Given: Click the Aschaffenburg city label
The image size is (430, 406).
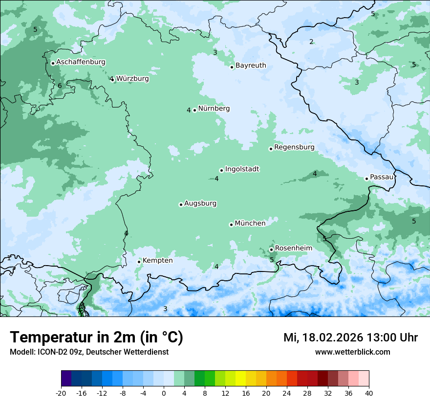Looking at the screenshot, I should [x=81, y=62].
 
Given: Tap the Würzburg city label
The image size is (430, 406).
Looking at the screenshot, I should [x=132, y=78].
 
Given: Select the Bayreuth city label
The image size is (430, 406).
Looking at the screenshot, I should [x=251, y=65].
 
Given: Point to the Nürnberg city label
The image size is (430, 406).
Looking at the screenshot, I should [x=214, y=109].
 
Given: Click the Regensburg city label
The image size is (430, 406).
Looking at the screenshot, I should [x=294, y=147].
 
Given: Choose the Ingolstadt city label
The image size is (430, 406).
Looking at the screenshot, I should [x=242, y=169].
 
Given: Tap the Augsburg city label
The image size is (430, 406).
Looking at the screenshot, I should [x=200, y=203].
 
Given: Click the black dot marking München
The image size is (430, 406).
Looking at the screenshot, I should [x=231, y=225].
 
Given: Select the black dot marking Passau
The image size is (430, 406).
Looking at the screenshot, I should [x=366, y=179].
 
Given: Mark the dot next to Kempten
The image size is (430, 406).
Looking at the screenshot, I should [x=139, y=262].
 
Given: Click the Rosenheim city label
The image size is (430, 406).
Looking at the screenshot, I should [x=293, y=248].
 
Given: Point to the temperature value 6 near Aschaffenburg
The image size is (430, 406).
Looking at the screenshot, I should [x=60, y=86].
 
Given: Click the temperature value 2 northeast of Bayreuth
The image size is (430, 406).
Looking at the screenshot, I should [x=311, y=42].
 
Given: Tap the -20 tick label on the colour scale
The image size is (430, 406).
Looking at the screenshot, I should [x=61, y=393].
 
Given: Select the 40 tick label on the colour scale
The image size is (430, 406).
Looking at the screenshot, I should [x=369, y=393].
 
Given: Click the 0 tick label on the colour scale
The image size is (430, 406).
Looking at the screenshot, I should [x=164, y=393].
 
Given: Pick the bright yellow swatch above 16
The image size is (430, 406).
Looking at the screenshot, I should [x=240, y=379].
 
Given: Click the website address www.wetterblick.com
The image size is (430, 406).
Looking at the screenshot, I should [x=352, y=352].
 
